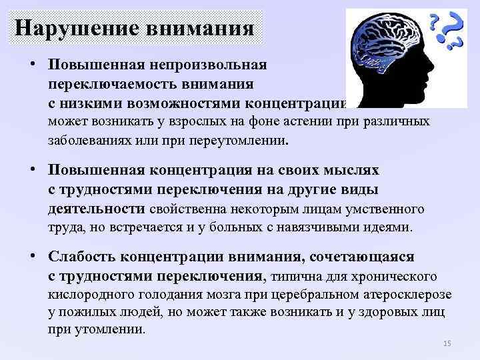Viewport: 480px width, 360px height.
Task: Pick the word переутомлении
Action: tap(237, 141)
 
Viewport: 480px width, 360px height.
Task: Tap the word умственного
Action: tap(385, 209)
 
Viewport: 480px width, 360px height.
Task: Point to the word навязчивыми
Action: tap(334, 227)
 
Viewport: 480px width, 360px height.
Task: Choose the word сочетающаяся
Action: tap(365, 257)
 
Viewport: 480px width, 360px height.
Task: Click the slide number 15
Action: tap(447, 343)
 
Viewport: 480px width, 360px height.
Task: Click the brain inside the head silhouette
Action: tap(387, 44)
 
